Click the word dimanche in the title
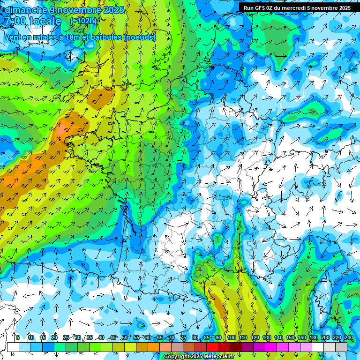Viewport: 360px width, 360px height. pyautogui.click(x=25, y=9)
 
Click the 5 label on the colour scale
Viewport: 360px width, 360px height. pyautogui.click(x=18, y=337)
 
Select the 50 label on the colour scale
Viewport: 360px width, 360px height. pyautogui.click(x=125, y=337)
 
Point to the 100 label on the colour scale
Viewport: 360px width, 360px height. pyautogui.click(x=231, y=337)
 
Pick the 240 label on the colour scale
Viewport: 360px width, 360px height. pyautogui.click(x=349, y=337)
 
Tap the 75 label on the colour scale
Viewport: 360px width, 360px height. pyautogui.click(x=183, y=337)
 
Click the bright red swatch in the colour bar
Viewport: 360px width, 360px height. pyautogui.click(x=212, y=347)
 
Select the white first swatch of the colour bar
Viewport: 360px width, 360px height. pyautogui.click(x=13, y=347)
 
